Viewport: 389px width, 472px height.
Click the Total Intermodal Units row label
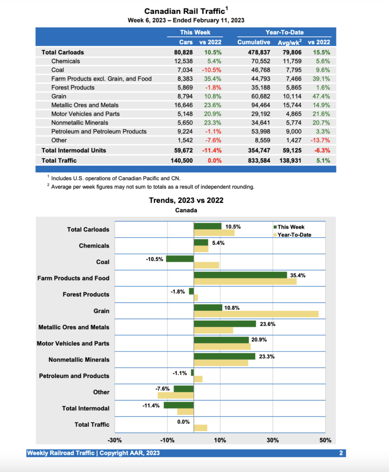(74, 150)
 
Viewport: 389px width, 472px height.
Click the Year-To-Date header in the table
(284, 32)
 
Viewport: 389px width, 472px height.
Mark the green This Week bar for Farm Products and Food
(241, 275)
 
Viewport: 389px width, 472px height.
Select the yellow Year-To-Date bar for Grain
(256, 314)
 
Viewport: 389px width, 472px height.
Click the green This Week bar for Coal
(180, 259)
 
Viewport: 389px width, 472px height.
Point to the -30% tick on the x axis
(114, 440)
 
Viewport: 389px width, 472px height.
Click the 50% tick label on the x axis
(325, 440)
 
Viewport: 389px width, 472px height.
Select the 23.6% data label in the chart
(267, 324)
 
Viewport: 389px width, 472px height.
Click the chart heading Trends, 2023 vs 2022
(186, 201)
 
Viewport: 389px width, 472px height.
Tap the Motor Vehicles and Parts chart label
(73, 343)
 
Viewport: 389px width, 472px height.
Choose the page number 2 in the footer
(341, 453)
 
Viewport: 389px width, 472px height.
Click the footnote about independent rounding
(153, 187)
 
